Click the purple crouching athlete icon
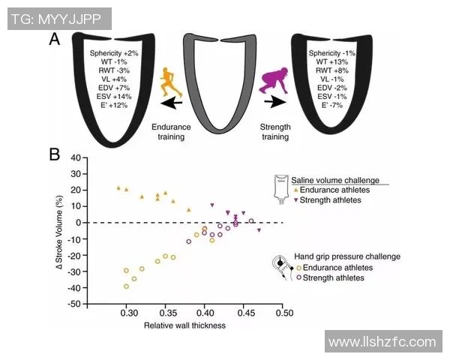[x=273, y=79]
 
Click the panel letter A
[x=55, y=39]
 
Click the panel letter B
[x=55, y=155]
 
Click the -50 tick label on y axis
[x=73, y=304]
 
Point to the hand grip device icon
[x=283, y=266]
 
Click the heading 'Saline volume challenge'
[x=334, y=180]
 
